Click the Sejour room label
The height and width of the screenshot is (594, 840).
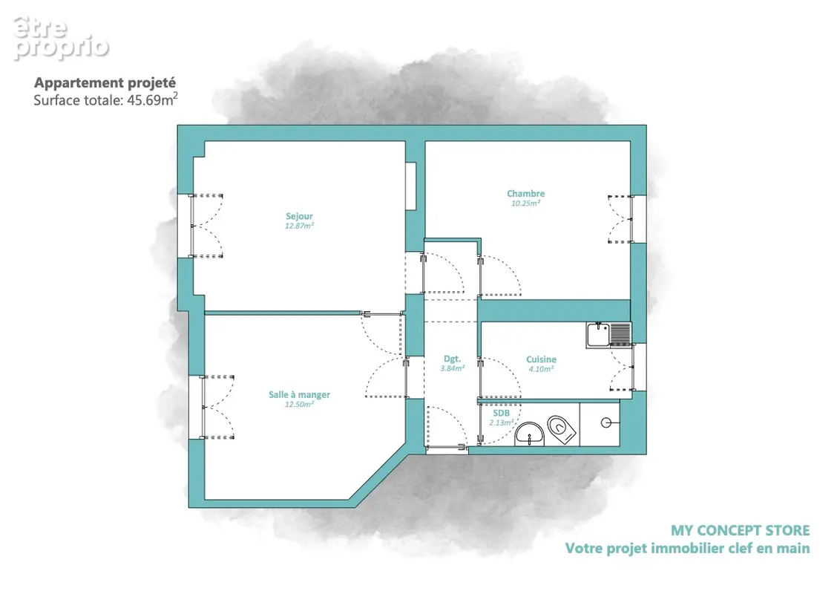tap(299, 216)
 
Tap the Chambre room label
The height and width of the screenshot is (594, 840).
tap(525, 194)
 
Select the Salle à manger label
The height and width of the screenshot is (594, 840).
tap(299, 394)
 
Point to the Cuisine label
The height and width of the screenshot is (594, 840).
tap(541, 359)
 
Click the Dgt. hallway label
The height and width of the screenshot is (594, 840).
tap(452, 359)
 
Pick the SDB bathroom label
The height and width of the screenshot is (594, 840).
tap(502, 413)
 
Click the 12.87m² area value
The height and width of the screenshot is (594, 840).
tap(299, 226)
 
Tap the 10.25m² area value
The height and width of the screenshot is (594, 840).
tap(525, 203)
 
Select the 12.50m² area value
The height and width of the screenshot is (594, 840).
tap(299, 404)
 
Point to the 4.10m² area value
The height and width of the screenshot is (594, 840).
tap(541, 369)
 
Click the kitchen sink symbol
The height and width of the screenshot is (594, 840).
tap(609, 335)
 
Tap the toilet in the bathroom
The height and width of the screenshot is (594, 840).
tap(562, 429)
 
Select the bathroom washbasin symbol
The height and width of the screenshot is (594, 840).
tap(529, 434)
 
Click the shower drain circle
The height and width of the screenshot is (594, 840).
tap(606, 423)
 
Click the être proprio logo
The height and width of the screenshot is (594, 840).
tap(60, 38)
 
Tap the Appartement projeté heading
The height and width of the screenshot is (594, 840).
tap(105, 82)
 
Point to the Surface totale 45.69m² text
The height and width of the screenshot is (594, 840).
tap(105, 99)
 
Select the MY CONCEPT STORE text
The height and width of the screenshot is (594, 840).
tap(740, 530)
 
